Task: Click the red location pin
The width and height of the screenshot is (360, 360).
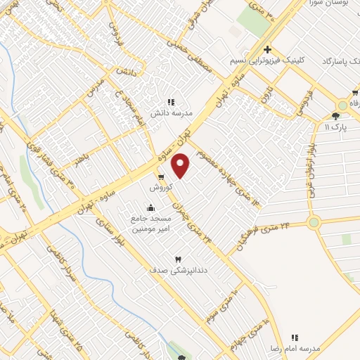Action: (x=181, y=166)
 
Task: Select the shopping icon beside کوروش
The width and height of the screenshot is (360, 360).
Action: (x=161, y=177)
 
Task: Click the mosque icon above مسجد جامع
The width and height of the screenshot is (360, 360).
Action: (x=150, y=207)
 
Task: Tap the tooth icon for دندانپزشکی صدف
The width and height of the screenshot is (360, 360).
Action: (x=177, y=259)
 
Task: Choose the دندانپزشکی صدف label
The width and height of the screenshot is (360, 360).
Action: (x=169, y=269)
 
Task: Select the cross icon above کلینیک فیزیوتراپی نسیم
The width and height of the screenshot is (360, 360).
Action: (x=267, y=49)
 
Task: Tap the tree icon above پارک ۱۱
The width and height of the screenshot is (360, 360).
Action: (x=335, y=116)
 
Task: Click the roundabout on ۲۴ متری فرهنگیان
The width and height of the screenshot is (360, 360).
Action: (x=314, y=223)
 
